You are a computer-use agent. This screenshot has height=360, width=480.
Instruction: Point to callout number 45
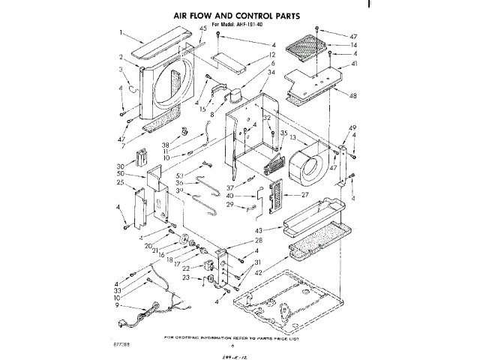pyautogui.click(x=202, y=28)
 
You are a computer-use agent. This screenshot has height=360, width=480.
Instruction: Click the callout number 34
pyautogui.click(x=271, y=73)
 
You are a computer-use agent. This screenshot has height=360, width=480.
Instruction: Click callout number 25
pyautogui.click(x=120, y=182)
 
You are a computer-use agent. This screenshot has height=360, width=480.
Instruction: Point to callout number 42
pyautogui.click(x=259, y=274)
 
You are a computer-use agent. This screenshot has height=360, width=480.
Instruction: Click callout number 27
pyautogui.click(x=305, y=195)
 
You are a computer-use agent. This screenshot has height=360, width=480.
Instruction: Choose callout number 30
pyautogui.click(x=120, y=166)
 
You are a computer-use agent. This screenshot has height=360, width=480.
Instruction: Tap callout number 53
pyautogui.click(x=180, y=175)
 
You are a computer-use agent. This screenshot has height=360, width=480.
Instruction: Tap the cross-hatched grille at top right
pyautogui.click(x=303, y=49)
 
